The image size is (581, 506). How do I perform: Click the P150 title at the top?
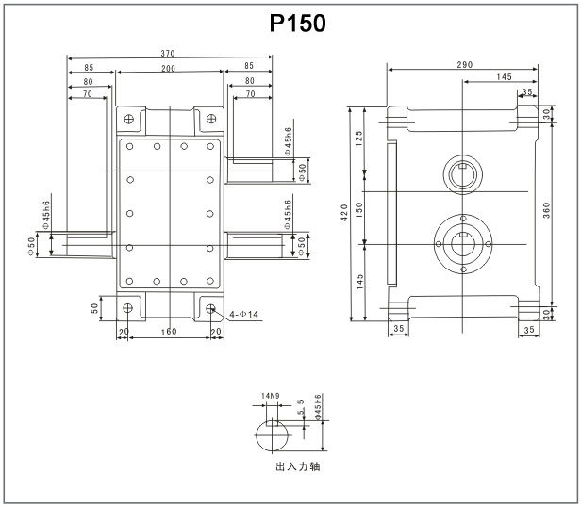pyautogui.click(x=297, y=24)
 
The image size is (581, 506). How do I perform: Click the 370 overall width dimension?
pyautogui.click(x=170, y=53)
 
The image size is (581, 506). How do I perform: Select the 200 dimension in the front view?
pyautogui.click(x=170, y=69)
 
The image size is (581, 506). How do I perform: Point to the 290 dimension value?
pyautogui.click(x=463, y=64)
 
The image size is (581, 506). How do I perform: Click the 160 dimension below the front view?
pyautogui.click(x=170, y=332)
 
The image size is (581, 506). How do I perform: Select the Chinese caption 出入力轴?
pyautogui.click(x=297, y=466)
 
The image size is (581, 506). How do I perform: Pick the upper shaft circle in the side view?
pyautogui.click(x=463, y=172)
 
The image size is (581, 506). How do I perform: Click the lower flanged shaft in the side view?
pyautogui.click(x=463, y=242)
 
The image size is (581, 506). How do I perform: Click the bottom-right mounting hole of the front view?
pyautogui.click(x=209, y=307)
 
